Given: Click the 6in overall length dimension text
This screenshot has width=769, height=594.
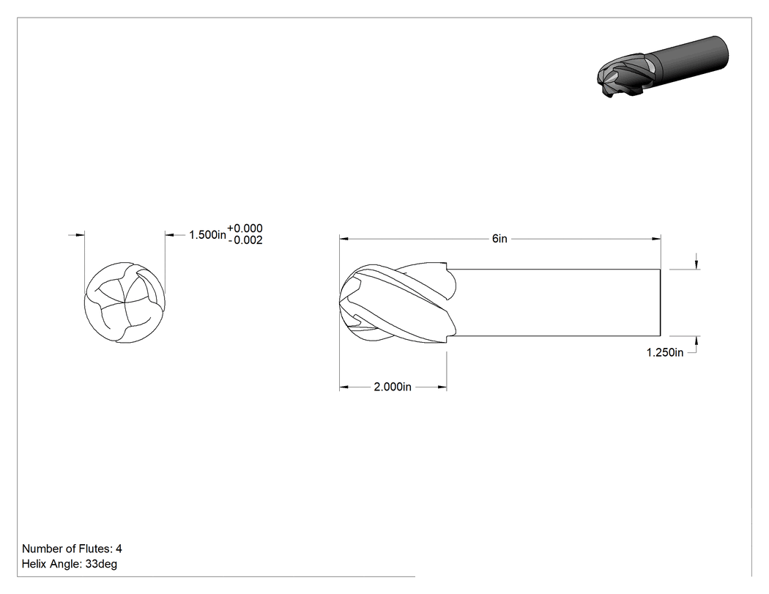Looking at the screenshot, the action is [x=499, y=239].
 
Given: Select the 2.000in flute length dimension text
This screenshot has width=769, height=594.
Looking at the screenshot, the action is [x=393, y=387].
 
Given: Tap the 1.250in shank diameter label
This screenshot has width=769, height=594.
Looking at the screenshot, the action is [x=664, y=353].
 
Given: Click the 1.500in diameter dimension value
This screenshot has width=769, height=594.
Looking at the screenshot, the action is [x=207, y=235].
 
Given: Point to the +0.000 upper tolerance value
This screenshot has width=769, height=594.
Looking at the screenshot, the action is [x=245, y=228].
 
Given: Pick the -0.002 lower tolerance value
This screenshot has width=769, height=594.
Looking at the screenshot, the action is [x=245, y=240].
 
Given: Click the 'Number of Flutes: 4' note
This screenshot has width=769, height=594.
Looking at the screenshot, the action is [x=72, y=549].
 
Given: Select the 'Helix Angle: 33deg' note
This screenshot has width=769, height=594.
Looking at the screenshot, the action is [x=70, y=564].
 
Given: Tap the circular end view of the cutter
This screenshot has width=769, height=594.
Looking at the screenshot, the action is [x=125, y=302].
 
